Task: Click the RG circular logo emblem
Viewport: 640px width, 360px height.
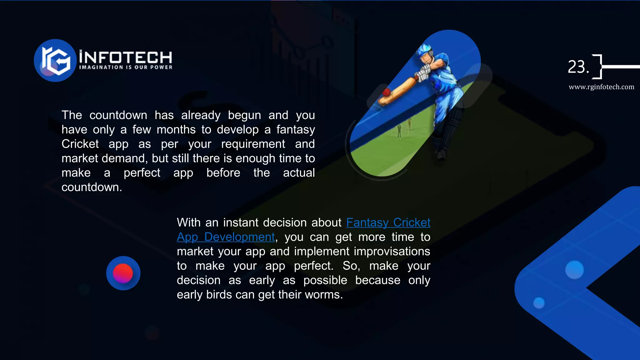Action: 55,60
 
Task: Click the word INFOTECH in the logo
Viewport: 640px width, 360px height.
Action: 125,57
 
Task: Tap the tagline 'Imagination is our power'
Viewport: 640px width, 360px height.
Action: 126,67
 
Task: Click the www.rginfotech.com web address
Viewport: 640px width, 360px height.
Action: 601,87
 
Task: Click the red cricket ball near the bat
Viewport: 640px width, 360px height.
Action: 387,92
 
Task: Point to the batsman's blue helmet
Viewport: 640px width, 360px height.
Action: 425,52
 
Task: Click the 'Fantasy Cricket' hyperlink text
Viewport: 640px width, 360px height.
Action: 388,222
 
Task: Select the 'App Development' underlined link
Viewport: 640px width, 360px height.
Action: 226,237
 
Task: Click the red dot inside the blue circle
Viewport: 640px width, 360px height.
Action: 123,273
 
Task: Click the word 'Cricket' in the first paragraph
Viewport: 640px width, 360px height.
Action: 80,144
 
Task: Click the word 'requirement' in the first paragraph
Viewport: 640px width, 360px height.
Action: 253,144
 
